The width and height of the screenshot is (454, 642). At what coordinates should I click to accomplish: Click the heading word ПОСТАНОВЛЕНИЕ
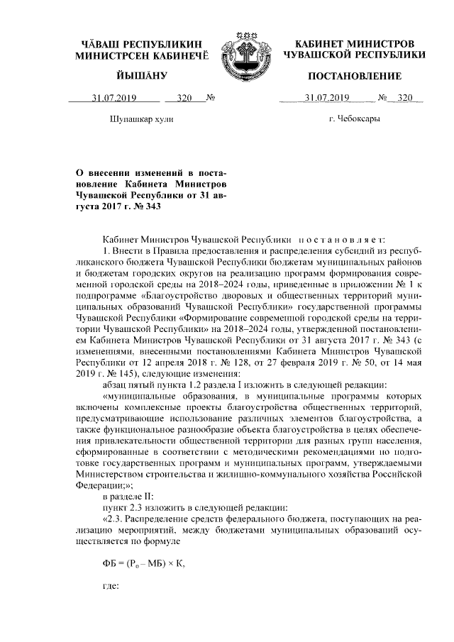(355, 76)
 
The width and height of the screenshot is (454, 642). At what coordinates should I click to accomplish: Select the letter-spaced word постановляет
(342, 240)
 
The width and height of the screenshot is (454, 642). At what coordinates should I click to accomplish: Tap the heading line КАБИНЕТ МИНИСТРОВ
(354, 43)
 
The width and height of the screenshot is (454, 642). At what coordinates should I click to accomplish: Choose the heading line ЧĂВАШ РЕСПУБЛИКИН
(142, 43)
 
